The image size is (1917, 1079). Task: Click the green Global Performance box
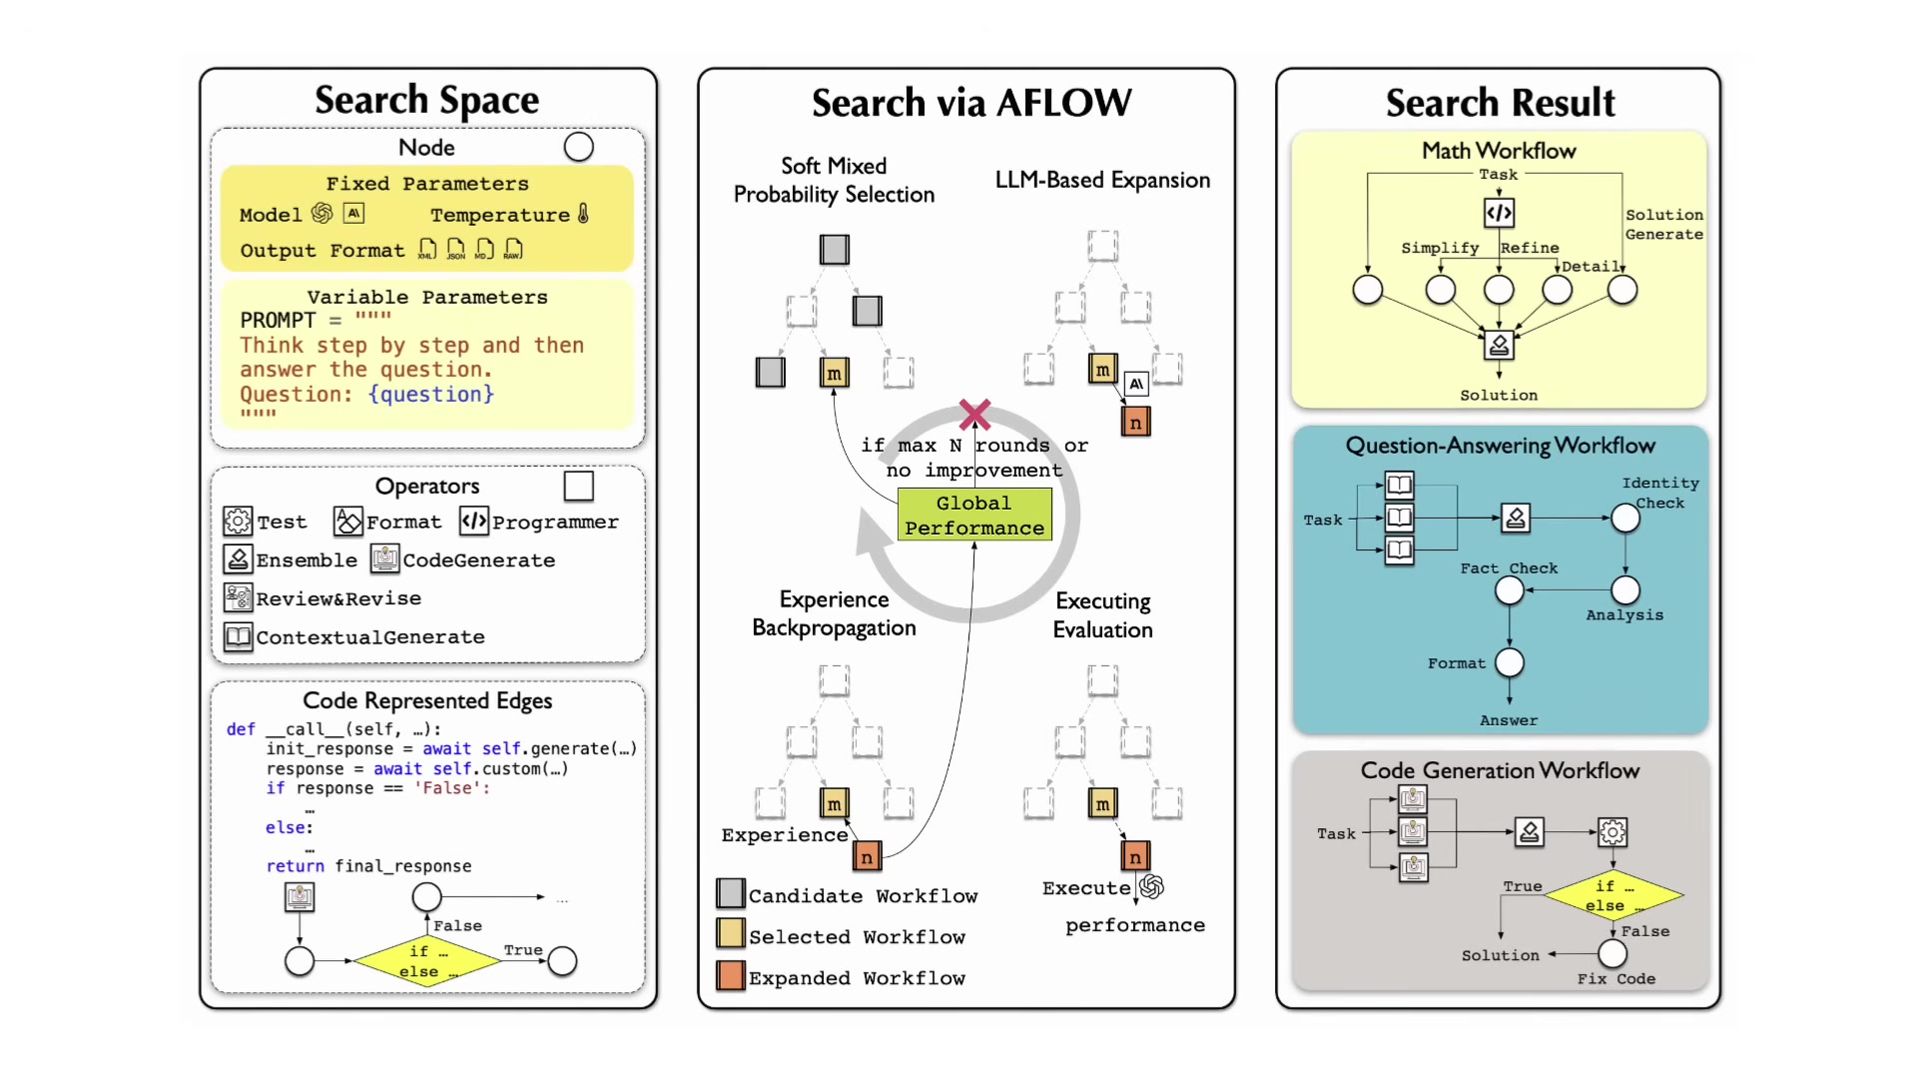click(974, 515)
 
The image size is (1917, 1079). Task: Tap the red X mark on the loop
click(974, 414)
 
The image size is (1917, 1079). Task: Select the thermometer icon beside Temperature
click(583, 214)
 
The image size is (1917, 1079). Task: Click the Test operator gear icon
click(238, 521)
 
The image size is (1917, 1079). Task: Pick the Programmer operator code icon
click(474, 521)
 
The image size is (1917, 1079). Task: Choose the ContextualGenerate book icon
click(238, 636)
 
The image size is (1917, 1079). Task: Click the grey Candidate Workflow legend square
click(731, 893)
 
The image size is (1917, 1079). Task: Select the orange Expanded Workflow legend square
click(731, 976)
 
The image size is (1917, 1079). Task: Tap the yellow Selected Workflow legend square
click(731, 933)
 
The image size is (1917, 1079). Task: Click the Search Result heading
click(1500, 102)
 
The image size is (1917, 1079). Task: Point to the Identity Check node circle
click(1625, 518)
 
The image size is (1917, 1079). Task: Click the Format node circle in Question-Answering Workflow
click(1510, 662)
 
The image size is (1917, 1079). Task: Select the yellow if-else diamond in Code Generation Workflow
click(1613, 895)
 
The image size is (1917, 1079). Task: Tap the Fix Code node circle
click(1612, 954)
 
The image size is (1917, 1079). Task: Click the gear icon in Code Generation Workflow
click(1612, 831)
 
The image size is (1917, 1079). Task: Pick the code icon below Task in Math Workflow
click(1499, 213)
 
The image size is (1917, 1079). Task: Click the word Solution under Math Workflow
click(1499, 396)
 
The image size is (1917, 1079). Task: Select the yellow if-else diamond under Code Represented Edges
click(427, 961)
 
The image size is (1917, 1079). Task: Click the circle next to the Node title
click(579, 147)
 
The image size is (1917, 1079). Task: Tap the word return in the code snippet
click(295, 866)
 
